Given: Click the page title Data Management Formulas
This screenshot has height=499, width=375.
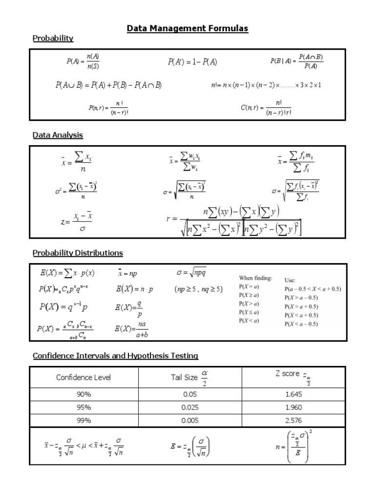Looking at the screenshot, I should (x=187, y=29).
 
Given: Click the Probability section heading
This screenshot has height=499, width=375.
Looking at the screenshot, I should (x=53, y=38).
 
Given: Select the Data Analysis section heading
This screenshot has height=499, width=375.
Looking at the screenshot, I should (x=58, y=135).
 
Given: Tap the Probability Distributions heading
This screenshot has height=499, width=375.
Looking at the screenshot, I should (x=78, y=253).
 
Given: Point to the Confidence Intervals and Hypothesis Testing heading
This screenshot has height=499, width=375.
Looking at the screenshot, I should (x=115, y=356).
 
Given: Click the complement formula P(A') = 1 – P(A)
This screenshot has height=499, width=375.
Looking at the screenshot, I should (x=193, y=62).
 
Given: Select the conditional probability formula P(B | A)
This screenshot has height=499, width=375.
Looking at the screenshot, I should (x=296, y=61).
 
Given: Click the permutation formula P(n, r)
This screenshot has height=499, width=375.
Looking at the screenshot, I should (x=108, y=108).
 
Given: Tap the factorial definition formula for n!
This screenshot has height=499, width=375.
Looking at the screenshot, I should (x=266, y=85).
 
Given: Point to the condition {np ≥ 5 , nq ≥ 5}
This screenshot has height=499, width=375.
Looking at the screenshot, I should (x=198, y=289).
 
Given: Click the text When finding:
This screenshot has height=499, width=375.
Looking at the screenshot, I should (x=255, y=278).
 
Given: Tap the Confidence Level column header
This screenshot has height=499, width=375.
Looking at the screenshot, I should (x=83, y=377).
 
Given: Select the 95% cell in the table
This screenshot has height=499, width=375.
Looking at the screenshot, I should (x=83, y=407).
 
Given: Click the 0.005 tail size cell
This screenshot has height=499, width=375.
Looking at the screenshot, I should (x=190, y=420).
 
